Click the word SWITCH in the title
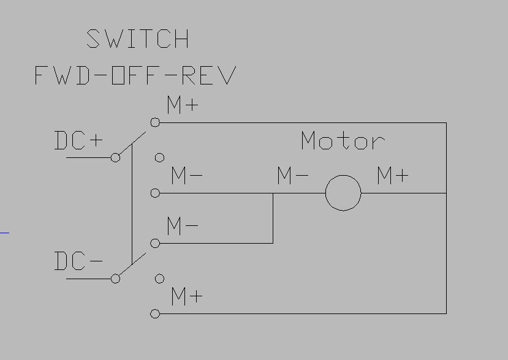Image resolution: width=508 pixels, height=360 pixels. coord(138,39)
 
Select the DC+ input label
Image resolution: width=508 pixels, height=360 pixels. coord(79,141)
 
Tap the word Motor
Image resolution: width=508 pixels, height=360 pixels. coord(343,141)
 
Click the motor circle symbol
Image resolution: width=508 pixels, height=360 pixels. coord(343,193)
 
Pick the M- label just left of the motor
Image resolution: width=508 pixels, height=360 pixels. coord(292,176)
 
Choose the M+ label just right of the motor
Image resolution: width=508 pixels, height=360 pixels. coord(392,176)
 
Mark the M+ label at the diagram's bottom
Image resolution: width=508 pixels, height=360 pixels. coord(187,298)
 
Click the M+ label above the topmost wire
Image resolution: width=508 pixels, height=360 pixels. coord(183,105)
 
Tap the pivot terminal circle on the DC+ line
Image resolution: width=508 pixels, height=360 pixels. coord(115,157)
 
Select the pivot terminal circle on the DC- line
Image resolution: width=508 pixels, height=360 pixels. coord(115,279)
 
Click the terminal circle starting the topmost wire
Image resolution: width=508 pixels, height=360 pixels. coord(155,122)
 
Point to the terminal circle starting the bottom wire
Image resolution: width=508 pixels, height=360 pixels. coord(155,313)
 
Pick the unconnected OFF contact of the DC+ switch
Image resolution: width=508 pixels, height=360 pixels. coord(159,157)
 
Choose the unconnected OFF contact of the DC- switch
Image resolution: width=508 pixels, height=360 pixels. coord(159,279)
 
